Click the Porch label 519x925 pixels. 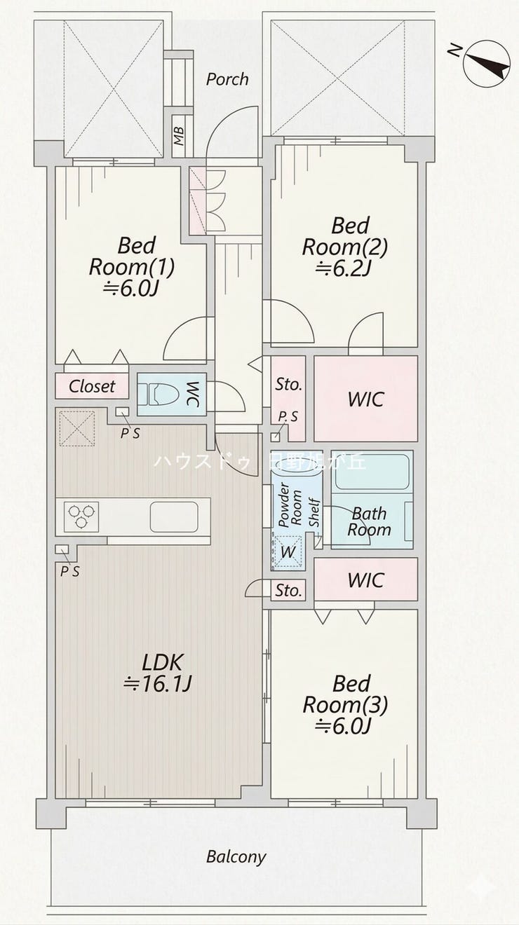pyautogui.click(x=227, y=79)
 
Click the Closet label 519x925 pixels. pyautogui.click(x=92, y=387)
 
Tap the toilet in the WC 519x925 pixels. pyautogui.click(x=159, y=394)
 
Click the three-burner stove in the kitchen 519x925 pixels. pyautogui.click(x=81, y=516)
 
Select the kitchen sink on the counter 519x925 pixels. pyautogui.click(x=174, y=516)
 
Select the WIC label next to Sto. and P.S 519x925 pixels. pyautogui.click(x=365, y=399)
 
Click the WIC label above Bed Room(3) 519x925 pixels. pyautogui.click(x=365, y=580)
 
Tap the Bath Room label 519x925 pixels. pyautogui.click(x=369, y=521)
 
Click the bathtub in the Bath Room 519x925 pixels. pyautogui.click(x=372, y=472)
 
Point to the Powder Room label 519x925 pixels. pyautogui.click(x=290, y=505)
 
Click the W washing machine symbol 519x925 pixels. pyautogui.click(x=288, y=551)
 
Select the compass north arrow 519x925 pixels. pyautogui.click(x=487, y=63)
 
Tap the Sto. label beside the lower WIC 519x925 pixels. pyautogui.click(x=288, y=591)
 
